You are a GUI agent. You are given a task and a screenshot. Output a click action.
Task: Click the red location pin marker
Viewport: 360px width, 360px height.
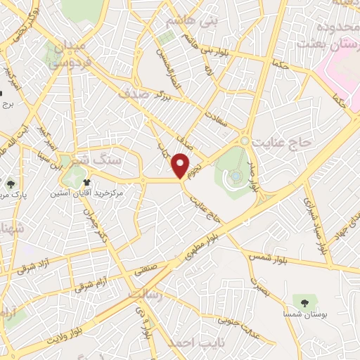click(181, 165)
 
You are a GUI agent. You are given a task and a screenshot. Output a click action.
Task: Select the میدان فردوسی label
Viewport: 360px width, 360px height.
click(69, 53)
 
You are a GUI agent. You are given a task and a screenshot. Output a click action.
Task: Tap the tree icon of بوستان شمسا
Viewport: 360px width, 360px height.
click(304, 302)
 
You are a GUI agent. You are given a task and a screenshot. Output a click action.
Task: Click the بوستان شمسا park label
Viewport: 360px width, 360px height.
click(304, 316)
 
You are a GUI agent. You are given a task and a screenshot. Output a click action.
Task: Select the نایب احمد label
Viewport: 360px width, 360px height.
click(191, 343)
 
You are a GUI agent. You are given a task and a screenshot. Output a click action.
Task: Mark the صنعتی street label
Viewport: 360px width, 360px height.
click(150, 269)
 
